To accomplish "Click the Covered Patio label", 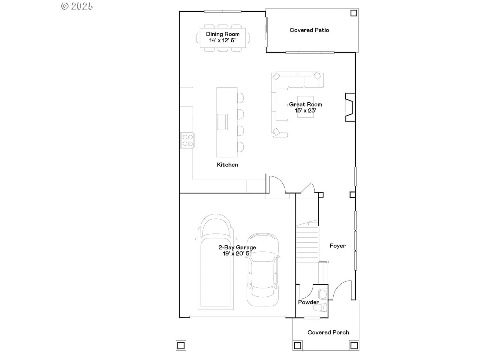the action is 309,30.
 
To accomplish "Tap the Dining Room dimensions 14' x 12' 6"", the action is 223,40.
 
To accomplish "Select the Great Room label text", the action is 305,104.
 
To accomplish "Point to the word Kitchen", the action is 227,165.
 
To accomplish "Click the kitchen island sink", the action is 222,122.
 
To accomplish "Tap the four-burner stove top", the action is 187,140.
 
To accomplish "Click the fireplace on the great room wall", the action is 350,107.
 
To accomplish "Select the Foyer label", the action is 337,246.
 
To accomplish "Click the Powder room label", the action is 308,302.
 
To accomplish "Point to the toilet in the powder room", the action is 321,308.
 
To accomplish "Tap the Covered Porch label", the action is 328,332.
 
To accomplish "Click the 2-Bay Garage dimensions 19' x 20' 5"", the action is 237,253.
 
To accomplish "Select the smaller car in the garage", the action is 262,269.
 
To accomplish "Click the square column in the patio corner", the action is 354,13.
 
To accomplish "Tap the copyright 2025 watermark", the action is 77,6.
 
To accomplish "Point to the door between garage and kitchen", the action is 277,184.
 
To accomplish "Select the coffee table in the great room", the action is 305,107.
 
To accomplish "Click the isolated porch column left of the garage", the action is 181,346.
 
